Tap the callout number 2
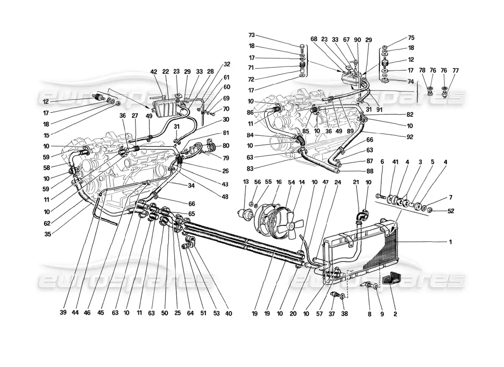tap(395, 315)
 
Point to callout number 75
tap(411, 38)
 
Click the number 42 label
tap(153, 72)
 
